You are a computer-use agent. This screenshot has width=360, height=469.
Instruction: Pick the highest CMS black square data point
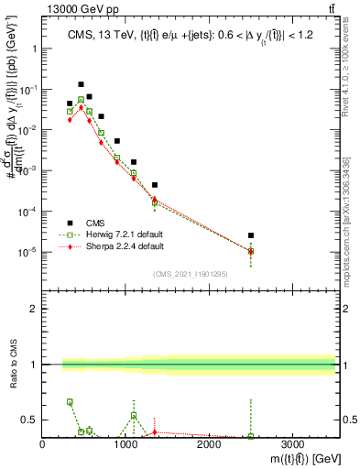click(81, 84)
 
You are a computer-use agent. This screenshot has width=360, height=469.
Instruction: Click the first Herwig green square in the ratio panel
click(70, 402)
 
